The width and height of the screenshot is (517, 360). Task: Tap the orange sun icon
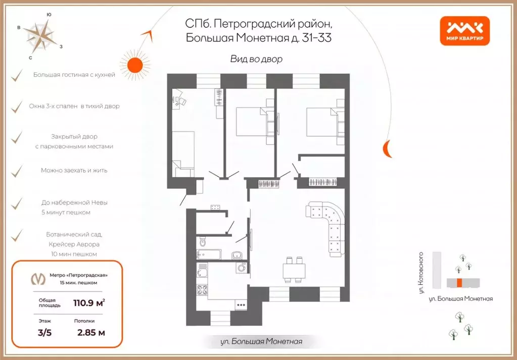136,65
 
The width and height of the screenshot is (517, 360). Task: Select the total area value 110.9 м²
86,303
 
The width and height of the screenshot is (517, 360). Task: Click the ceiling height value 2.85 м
91,332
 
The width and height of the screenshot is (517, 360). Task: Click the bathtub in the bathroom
209,254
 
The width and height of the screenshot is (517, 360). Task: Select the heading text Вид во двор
256,59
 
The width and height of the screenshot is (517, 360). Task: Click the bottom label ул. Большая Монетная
261,342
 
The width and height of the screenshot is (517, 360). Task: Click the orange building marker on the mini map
459,282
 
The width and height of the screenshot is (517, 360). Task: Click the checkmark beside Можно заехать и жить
17,171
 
